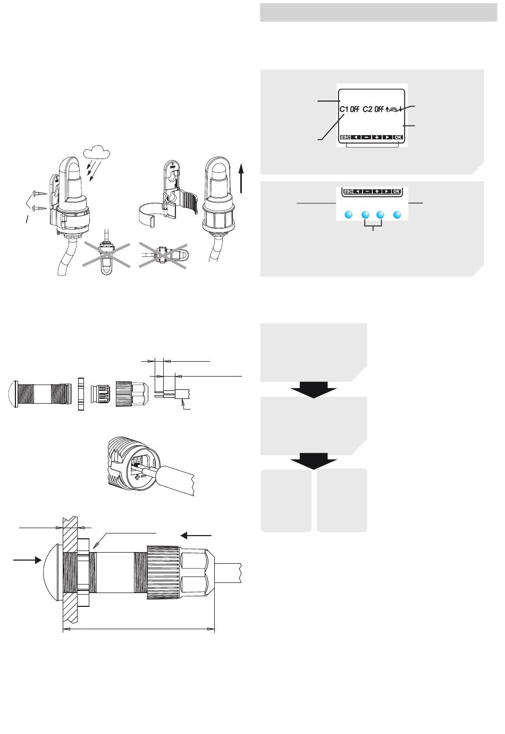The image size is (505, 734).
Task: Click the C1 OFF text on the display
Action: point(349,110)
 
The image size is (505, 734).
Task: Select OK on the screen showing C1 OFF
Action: point(398,137)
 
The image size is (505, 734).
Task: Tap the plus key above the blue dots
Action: point(377,191)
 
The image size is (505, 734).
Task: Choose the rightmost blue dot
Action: point(397,215)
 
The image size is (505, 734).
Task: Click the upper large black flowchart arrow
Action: point(314,389)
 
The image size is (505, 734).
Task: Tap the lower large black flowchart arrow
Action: point(314,461)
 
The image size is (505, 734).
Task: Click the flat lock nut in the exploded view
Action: point(81,394)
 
